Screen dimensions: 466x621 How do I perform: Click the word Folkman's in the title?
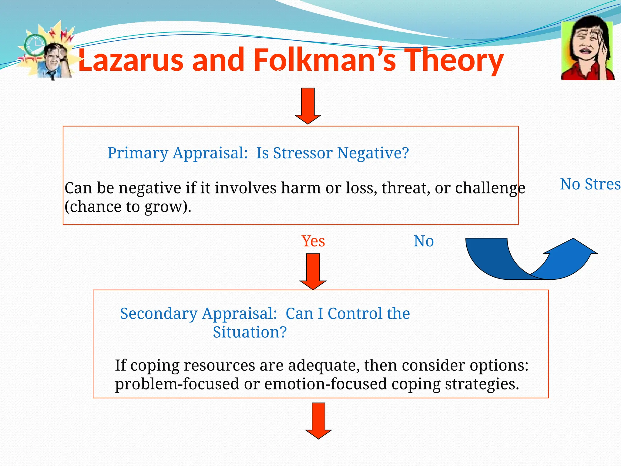(324, 60)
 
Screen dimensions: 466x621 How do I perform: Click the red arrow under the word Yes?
(313, 271)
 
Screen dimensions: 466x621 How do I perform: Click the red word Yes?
(313, 241)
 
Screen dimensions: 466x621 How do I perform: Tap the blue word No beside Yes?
(424, 241)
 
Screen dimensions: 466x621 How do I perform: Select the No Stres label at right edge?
(590, 184)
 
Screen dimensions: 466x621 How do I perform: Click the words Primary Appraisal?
(178, 153)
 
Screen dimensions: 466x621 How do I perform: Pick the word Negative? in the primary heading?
(373, 153)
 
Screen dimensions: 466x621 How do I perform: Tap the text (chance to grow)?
(128, 207)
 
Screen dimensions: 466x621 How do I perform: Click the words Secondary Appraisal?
(199, 313)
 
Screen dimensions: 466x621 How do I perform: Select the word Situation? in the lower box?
(250, 332)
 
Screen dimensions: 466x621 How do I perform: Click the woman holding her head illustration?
(588, 49)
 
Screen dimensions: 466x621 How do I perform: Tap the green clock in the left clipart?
(34, 45)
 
